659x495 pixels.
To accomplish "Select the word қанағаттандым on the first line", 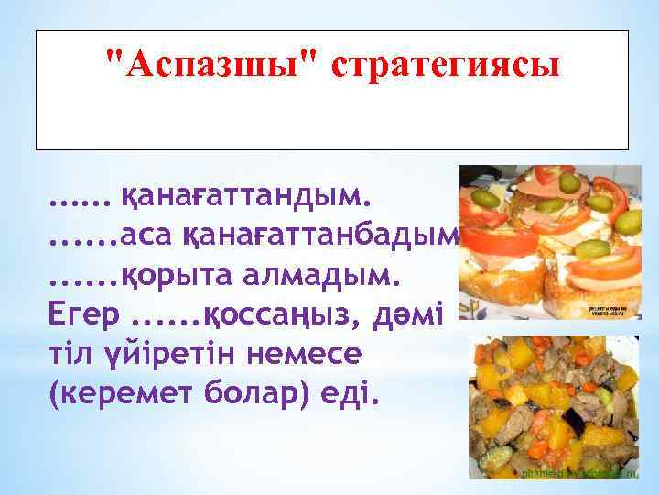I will coord(248,196).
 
